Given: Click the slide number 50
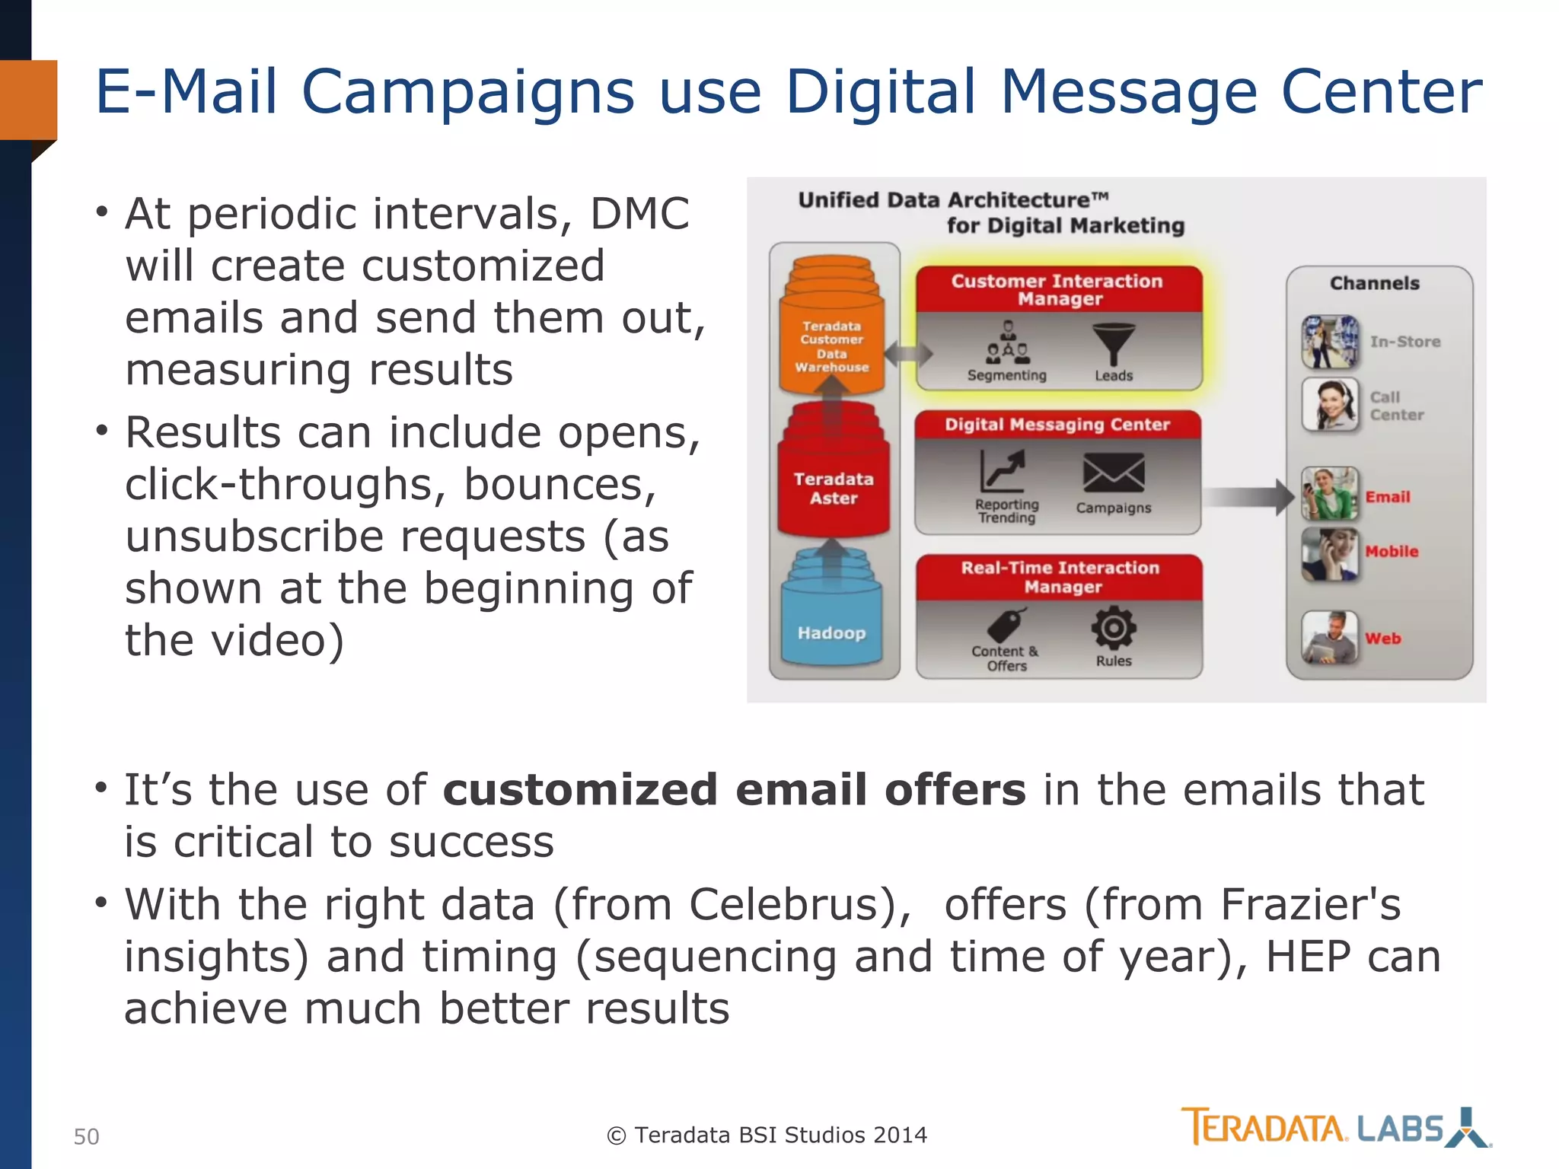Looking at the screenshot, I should (x=86, y=1136).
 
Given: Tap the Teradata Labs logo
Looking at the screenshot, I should (x=1335, y=1127).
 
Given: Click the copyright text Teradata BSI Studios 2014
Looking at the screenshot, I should (x=767, y=1135).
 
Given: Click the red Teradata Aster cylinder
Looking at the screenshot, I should (x=834, y=488).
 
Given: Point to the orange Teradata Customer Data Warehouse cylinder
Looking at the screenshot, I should (x=832, y=342).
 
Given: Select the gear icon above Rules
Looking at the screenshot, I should (x=1113, y=628).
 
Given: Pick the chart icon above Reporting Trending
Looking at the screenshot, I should (x=1003, y=470).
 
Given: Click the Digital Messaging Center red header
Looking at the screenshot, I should (x=1057, y=425).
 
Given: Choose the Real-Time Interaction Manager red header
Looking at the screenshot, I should (x=1060, y=577).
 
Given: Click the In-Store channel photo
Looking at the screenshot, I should (x=1329, y=342).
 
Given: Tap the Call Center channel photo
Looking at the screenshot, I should (x=1329, y=404).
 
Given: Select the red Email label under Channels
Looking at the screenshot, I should (x=1387, y=497).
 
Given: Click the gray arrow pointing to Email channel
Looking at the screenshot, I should (x=1248, y=497).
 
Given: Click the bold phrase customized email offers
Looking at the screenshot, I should (x=734, y=789).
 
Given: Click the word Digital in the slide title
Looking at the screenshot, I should (x=880, y=91).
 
